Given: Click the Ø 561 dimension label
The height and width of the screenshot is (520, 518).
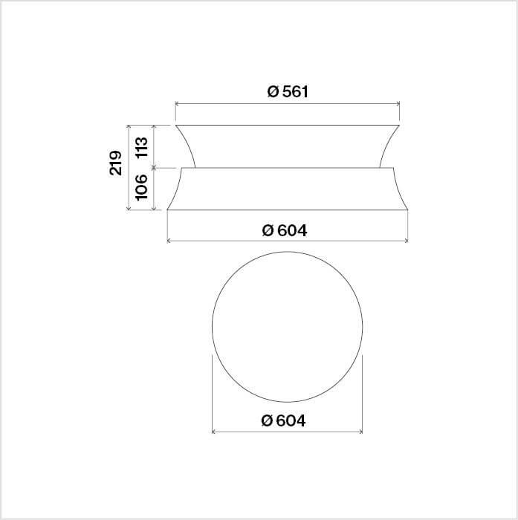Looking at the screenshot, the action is [288, 91].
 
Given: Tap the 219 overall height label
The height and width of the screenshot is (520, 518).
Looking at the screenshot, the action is [115, 163].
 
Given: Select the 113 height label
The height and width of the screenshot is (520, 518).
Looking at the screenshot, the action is [142, 147].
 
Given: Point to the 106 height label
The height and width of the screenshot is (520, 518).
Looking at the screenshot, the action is [142, 187].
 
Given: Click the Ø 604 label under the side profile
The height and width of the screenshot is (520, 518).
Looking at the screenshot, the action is [285, 230].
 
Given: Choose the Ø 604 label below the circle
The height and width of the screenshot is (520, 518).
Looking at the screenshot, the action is [283, 420].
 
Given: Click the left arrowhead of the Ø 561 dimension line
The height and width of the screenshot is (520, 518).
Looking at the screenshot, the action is [177, 104].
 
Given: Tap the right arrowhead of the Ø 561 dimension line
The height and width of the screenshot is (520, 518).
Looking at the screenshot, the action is [398, 104].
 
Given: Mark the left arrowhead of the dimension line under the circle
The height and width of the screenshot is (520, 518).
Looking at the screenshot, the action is [214, 432].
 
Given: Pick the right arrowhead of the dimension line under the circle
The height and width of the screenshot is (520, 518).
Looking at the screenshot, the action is [360, 432].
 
